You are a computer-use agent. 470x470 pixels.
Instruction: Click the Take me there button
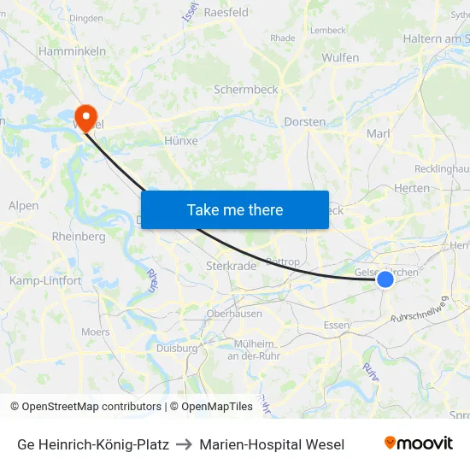pyautogui.click(x=235, y=209)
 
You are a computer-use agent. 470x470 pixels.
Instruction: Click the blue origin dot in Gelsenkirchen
pyautogui.click(x=385, y=279)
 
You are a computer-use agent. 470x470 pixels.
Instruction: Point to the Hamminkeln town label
pyautogui.click(x=73, y=51)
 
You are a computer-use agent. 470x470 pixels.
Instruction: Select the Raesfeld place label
pyautogui.click(x=226, y=13)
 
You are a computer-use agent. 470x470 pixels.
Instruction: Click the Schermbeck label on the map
pyautogui.click(x=246, y=89)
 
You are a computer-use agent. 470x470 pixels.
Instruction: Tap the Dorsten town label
pyautogui.click(x=305, y=122)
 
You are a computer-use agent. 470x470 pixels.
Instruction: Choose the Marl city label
pyautogui.click(x=378, y=133)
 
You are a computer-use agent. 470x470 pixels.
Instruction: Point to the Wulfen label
pyautogui.click(x=340, y=57)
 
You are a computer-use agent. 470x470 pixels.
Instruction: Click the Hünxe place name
pyautogui.click(x=180, y=141)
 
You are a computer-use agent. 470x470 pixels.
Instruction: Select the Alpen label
pyautogui.click(x=23, y=206)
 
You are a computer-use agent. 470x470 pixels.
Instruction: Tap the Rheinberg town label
pyautogui.click(x=78, y=236)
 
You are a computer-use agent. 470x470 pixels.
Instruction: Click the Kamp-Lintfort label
pyautogui.click(x=45, y=280)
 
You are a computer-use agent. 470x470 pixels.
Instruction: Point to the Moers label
pyautogui.click(x=95, y=332)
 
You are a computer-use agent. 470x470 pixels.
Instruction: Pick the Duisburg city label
pyautogui.click(x=177, y=349)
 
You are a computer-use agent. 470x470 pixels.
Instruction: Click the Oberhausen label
pyautogui.click(x=234, y=314)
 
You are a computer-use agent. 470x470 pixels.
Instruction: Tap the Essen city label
pyautogui.click(x=337, y=326)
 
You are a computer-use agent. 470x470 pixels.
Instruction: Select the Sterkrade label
pyautogui.click(x=231, y=266)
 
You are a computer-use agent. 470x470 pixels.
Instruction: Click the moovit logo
pyautogui.click(x=419, y=444)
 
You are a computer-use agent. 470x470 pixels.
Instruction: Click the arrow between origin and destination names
pyautogui.click(x=184, y=444)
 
